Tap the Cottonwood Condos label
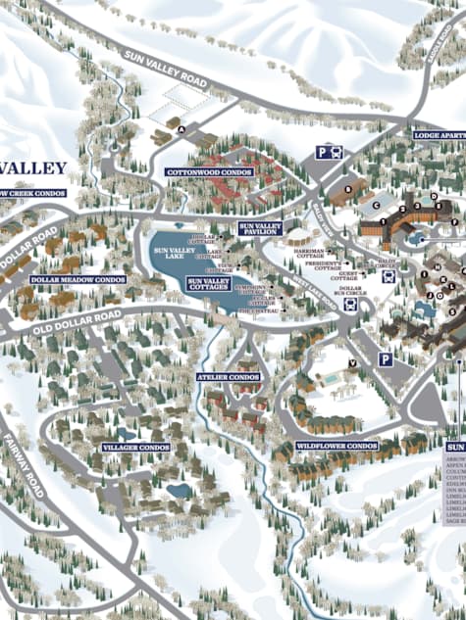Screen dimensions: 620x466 click(209, 171)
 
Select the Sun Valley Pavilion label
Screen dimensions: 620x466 click(260, 229)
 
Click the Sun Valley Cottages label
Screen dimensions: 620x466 click(208, 284)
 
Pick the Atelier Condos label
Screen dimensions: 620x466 click(229, 376)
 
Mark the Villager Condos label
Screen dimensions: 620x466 click(136, 447)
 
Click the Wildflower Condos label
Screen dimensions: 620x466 click(337, 446)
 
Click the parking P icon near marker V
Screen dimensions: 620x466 click(385, 360)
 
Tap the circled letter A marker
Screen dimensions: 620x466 click(181, 126)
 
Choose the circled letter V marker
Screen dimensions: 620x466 click(351, 363)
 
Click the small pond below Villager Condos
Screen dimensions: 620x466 click(179, 489)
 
